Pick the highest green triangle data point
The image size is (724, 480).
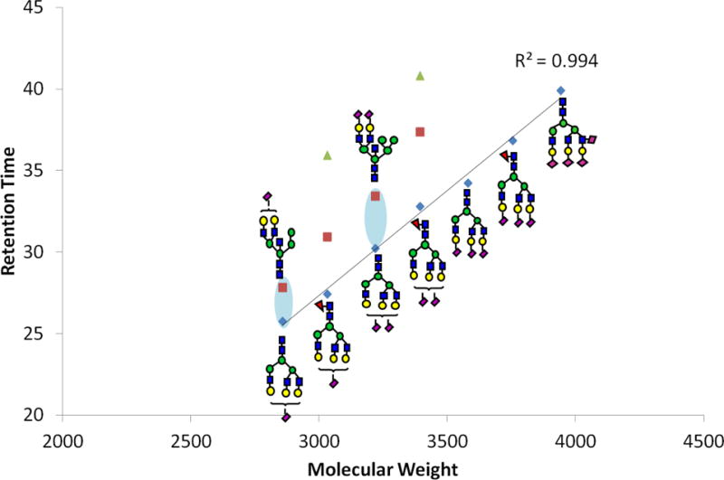[x=420, y=76]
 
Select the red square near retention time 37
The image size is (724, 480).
[x=420, y=132]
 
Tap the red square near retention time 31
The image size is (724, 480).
[x=327, y=237]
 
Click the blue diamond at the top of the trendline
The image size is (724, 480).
[x=561, y=90]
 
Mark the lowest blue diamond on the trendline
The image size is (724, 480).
[x=283, y=322]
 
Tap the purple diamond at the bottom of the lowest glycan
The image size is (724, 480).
[x=286, y=418]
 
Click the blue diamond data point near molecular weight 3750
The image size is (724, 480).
[x=512, y=141]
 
